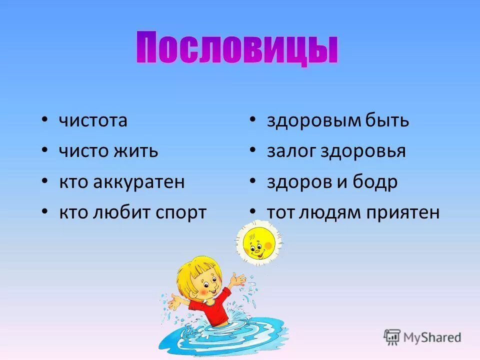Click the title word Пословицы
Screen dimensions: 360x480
click(237, 48)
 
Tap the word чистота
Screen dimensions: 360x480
click(93, 120)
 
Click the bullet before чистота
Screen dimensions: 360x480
click(45, 120)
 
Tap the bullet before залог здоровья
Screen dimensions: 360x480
click(253, 150)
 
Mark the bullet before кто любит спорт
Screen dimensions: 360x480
click(45, 212)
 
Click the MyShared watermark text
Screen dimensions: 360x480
click(432, 337)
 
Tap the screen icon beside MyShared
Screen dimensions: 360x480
click(392, 337)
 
